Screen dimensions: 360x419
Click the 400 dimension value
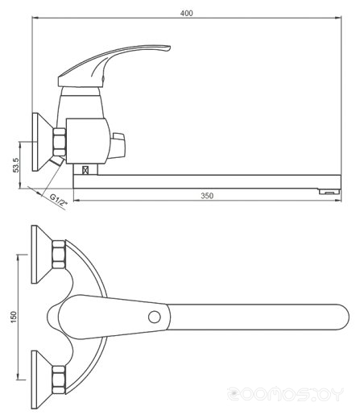pyautogui.click(x=186, y=13)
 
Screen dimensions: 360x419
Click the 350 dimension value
pyautogui.click(x=207, y=196)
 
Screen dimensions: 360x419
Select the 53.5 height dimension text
pyautogui.click(x=16, y=165)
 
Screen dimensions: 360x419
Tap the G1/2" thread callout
pyautogui.click(x=58, y=200)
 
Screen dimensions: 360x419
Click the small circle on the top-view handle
pyautogui.click(x=155, y=317)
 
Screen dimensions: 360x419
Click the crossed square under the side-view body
pyautogui.click(x=85, y=170)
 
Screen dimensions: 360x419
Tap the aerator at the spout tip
pyautogui.click(x=329, y=192)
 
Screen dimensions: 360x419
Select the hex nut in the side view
pyautogui.click(x=60, y=142)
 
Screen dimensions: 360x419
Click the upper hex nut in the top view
pyautogui.click(x=59, y=255)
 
